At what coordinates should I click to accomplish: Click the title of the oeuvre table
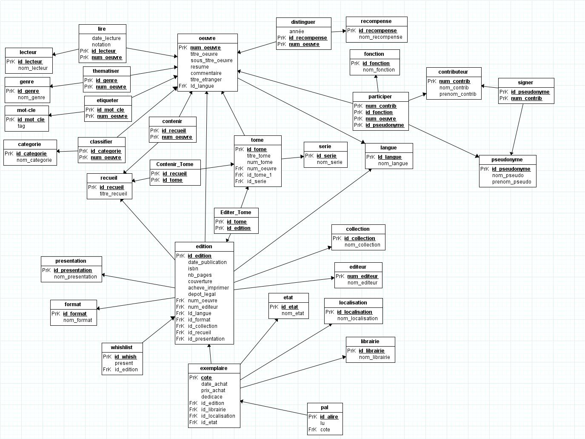click(x=207, y=38)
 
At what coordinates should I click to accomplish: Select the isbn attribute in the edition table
click(x=193, y=269)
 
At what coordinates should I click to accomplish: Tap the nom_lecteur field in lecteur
click(x=33, y=68)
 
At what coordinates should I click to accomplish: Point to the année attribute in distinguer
click(x=297, y=31)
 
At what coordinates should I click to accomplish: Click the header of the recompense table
click(x=376, y=21)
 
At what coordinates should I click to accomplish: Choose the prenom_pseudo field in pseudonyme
click(x=511, y=182)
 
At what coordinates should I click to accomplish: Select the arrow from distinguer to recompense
click(x=339, y=32)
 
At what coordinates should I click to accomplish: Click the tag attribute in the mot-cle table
click(x=21, y=126)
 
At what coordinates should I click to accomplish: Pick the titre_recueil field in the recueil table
click(x=113, y=194)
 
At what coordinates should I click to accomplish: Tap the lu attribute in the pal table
click(x=322, y=423)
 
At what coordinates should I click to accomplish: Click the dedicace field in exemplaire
click(x=211, y=396)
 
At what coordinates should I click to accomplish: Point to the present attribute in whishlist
click(x=124, y=363)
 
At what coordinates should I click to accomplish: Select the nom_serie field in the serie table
click(x=329, y=162)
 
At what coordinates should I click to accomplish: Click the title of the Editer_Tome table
click(x=236, y=212)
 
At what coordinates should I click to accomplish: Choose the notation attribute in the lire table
click(x=101, y=45)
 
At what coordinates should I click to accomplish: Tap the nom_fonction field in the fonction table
click(x=379, y=69)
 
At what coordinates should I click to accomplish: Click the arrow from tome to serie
click(x=293, y=158)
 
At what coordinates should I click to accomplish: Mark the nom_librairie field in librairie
click(x=374, y=357)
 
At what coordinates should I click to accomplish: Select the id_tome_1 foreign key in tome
click(x=259, y=175)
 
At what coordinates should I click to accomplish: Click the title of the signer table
click(x=525, y=83)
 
